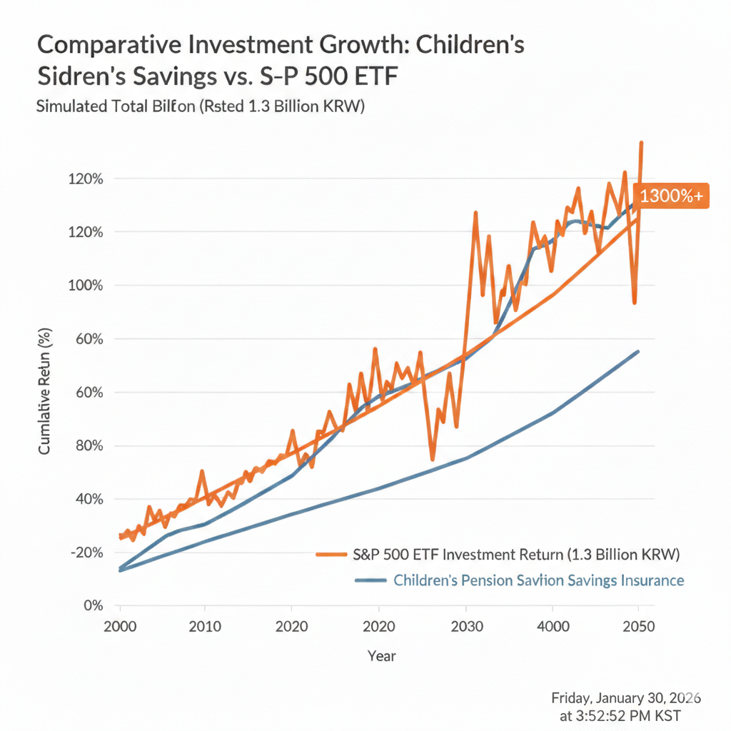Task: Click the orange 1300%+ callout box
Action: point(671,196)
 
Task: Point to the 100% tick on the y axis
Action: point(87,286)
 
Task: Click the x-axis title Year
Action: point(381,655)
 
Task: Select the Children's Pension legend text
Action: point(538,580)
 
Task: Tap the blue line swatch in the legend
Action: point(371,580)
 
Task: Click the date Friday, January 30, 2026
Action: point(625,697)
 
